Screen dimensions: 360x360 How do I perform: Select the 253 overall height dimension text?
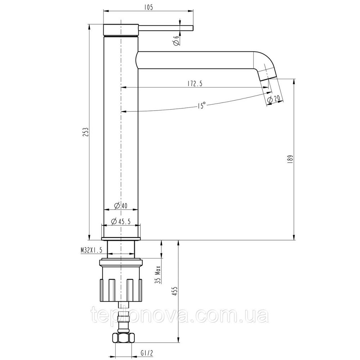[x=85, y=132]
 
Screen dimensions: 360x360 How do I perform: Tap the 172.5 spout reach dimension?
[x=195, y=84]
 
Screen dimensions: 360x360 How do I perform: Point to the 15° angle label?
[x=201, y=106]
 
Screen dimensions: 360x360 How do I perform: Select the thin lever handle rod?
[x=166, y=28]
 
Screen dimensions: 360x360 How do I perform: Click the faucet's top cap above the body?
[x=121, y=30]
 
